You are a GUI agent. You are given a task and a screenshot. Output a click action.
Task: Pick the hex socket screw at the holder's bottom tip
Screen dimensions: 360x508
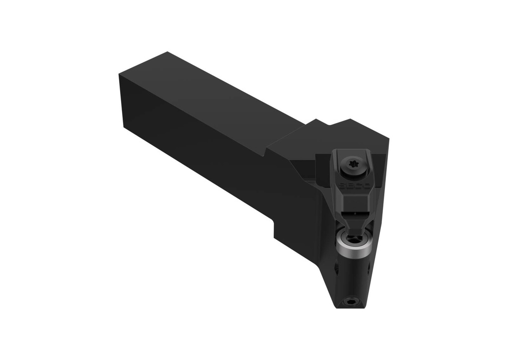pos(352,301)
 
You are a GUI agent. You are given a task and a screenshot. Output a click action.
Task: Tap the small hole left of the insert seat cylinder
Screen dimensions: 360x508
pos(336,268)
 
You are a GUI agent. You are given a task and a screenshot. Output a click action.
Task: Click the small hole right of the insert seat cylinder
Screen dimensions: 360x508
pos(370,271)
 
